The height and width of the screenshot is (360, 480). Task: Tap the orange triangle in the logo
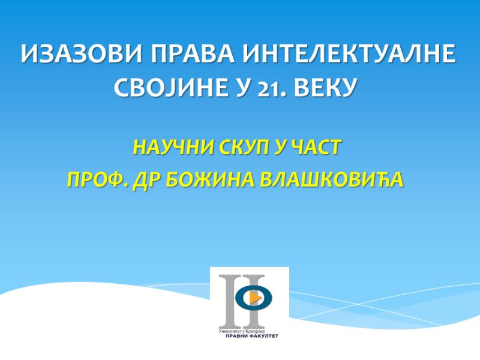(255, 297)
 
